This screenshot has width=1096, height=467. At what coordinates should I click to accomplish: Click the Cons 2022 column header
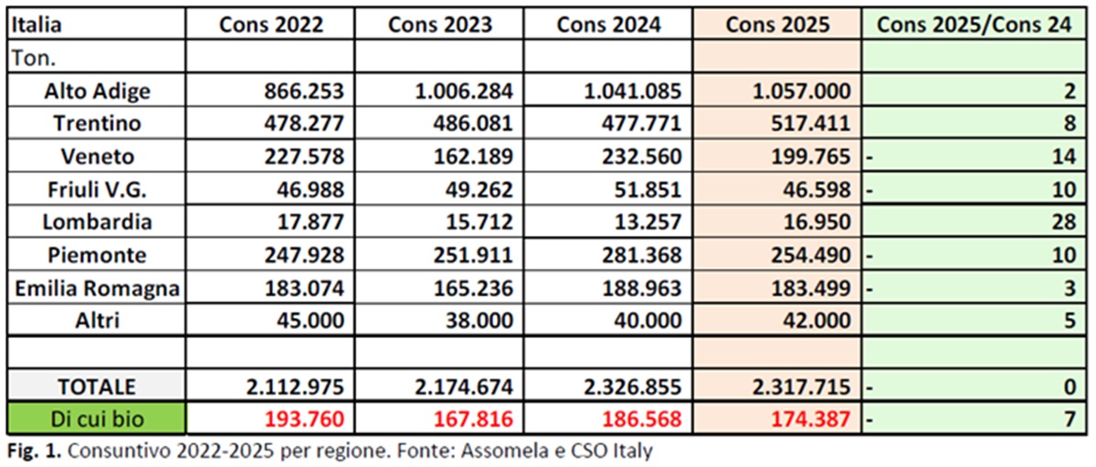270,26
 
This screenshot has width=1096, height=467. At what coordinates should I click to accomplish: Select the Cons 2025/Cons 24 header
974,26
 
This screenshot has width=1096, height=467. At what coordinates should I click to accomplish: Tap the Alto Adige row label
97,91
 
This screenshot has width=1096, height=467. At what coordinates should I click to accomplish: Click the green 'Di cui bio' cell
97,419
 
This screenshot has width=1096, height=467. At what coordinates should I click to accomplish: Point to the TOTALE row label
97,387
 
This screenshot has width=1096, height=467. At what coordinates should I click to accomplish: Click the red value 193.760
300,419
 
